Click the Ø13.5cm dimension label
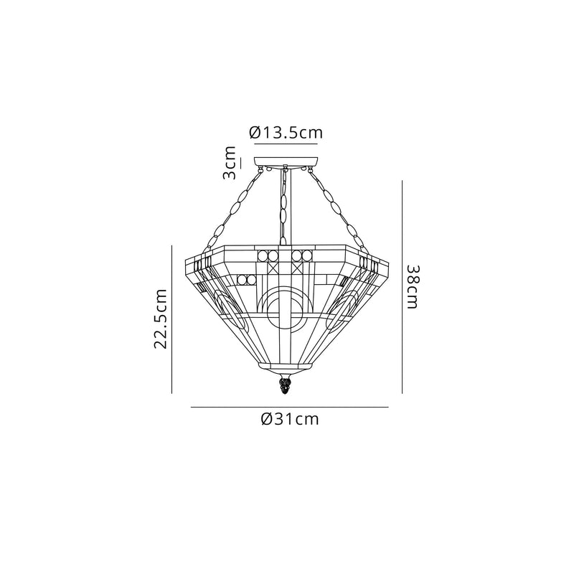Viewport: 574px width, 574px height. tap(286, 133)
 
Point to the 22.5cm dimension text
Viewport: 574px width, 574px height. tap(162, 319)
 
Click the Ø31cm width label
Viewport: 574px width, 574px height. tap(290, 420)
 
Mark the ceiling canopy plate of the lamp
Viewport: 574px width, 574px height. tap(286, 161)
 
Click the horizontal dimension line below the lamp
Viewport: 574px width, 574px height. tap(289, 408)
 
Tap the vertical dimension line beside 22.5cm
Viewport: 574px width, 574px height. tap(172, 320)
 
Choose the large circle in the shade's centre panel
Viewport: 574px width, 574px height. tap(286, 311)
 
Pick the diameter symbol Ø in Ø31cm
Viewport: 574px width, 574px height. tap(266, 420)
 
